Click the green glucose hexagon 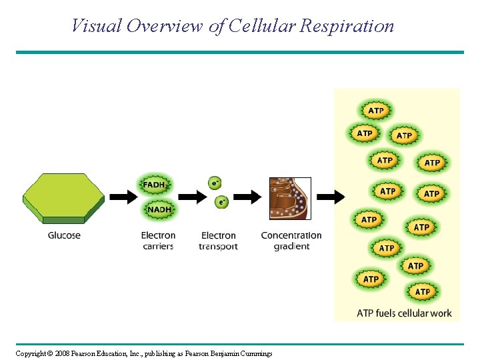(64, 197)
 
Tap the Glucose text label (64, 235)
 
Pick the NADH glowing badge (159, 209)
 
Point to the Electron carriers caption (158, 241)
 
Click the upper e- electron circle (215, 182)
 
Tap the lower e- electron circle (221, 201)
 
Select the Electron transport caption (218, 241)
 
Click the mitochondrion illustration (290, 198)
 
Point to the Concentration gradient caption (291, 241)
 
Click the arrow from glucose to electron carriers (122, 197)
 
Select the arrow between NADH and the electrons (193, 197)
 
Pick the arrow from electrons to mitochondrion (247, 197)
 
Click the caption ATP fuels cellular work (404, 313)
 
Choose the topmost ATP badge (376, 111)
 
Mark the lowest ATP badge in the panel (423, 292)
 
